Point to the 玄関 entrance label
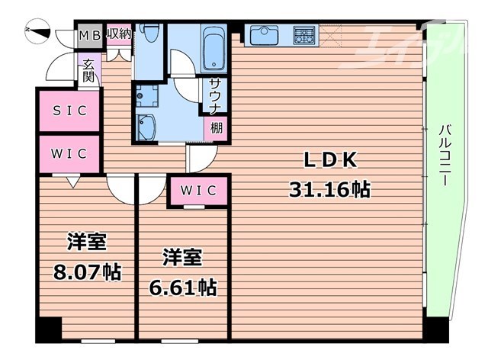pos(88,70)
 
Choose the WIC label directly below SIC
pos(69,153)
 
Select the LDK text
pos(329,161)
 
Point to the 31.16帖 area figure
pos(329,188)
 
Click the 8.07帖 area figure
pos(85,270)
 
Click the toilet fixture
pos(152,34)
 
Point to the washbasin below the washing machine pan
pos(148,126)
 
